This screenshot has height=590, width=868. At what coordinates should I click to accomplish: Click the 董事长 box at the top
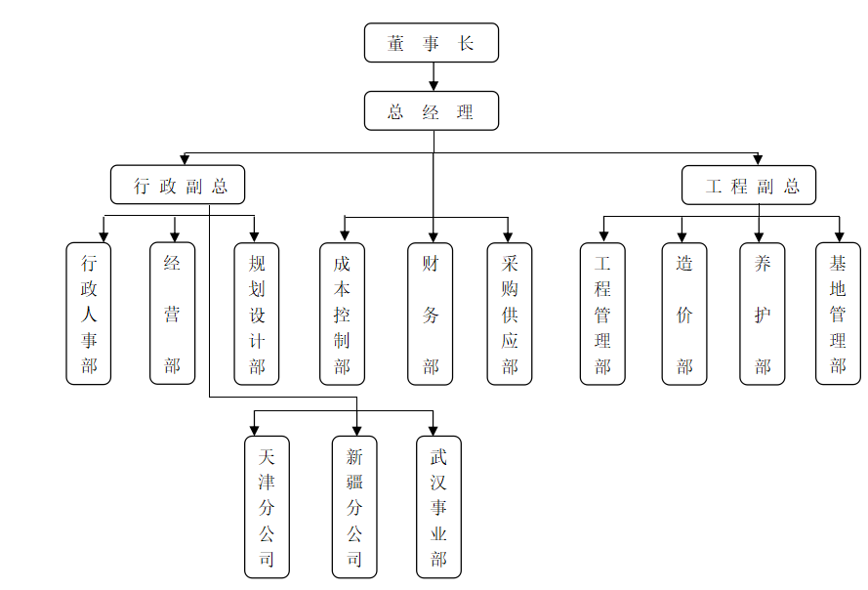point(432,44)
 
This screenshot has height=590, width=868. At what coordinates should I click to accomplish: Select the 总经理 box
point(432,111)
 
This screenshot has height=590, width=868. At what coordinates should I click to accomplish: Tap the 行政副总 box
point(177,185)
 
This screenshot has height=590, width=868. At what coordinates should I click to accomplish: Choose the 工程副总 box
point(748,185)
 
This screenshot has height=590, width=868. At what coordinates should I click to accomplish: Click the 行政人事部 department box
point(89,314)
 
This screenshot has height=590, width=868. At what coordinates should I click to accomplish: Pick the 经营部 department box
point(173,314)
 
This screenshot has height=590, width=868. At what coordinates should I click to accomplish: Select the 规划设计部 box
point(257,314)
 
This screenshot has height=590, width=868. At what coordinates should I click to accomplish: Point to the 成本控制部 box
point(342,314)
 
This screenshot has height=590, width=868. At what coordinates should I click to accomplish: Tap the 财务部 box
point(431,314)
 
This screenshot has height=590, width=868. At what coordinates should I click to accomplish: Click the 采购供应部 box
point(510,314)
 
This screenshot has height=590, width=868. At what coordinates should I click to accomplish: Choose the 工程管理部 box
point(602,314)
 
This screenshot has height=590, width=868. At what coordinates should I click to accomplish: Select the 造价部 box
point(684,314)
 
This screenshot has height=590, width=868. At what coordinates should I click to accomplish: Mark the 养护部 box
point(763,314)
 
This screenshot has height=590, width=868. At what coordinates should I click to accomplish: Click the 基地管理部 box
point(838,314)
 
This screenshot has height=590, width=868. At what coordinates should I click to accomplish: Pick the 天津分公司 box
point(267,507)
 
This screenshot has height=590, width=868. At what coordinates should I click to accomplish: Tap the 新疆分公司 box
point(354,507)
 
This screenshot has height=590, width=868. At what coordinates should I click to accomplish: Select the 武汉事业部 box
point(438,507)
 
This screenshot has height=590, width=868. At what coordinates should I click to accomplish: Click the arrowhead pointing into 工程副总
point(758,159)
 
